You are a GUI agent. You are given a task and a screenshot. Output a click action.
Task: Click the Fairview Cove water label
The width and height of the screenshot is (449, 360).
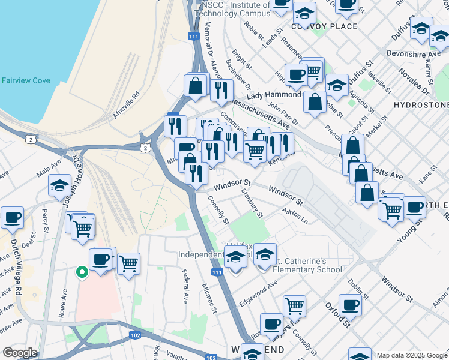click(x=26, y=80)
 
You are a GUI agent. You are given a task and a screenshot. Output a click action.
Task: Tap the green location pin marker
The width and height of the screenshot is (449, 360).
click(x=82, y=272)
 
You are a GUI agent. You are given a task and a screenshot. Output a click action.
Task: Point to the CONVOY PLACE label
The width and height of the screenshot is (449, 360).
click(x=324, y=26)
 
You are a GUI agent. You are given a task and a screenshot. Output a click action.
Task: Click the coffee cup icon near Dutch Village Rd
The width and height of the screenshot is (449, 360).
click(x=12, y=218)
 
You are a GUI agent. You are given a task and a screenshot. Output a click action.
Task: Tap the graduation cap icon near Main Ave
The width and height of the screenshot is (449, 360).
click(x=59, y=187)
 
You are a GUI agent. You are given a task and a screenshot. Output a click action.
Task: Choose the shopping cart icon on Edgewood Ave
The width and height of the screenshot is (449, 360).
click(x=294, y=305)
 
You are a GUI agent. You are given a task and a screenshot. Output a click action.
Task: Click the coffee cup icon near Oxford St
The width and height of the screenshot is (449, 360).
click(x=350, y=305)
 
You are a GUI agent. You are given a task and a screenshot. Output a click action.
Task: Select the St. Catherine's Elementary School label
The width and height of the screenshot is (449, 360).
click(x=307, y=265)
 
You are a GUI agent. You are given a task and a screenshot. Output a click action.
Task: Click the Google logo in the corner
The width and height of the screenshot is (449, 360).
click(x=20, y=353)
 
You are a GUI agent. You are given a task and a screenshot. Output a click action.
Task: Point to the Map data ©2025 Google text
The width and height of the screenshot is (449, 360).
click(x=412, y=355)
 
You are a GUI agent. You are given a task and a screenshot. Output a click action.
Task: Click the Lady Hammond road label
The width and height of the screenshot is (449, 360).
click(x=274, y=95)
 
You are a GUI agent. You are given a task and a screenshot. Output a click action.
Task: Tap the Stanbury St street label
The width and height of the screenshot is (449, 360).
click(x=252, y=203)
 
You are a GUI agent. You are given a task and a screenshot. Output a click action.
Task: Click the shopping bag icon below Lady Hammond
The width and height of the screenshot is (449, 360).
click(x=315, y=102)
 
